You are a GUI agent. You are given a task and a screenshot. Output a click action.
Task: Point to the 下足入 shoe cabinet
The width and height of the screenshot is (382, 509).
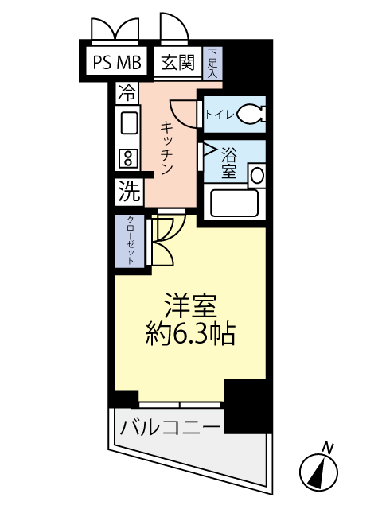213,63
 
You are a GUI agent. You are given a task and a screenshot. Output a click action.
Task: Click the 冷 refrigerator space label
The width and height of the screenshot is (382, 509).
126,92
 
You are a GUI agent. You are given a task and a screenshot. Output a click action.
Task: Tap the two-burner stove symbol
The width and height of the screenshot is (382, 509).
127,157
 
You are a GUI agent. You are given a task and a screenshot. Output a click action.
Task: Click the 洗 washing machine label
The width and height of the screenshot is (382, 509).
128,191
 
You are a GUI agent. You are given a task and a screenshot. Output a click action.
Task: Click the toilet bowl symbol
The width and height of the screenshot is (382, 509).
251,115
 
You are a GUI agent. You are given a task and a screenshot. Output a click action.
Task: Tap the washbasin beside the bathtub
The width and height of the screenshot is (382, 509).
256,176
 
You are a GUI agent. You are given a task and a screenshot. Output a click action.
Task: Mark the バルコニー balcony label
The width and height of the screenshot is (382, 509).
170,427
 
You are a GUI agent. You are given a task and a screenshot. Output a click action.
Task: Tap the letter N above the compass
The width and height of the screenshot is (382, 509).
328,446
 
